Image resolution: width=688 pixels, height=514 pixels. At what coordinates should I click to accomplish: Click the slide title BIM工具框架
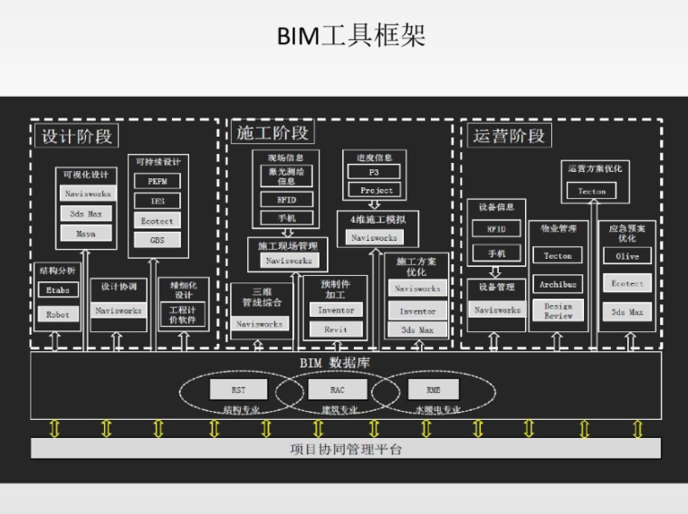349,36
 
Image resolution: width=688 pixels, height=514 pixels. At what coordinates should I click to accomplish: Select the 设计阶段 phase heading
77,136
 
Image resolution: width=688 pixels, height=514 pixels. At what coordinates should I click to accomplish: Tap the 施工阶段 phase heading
272,134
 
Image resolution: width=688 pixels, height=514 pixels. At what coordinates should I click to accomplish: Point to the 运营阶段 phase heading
510,136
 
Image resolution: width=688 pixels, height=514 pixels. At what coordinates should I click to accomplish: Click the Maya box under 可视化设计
86,233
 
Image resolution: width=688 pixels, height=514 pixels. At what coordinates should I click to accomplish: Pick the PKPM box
158,181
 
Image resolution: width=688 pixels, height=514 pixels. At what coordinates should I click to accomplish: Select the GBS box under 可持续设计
158,240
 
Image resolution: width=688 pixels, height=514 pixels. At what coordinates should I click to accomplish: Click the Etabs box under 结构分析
58,290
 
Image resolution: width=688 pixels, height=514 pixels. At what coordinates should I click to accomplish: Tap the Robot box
58,315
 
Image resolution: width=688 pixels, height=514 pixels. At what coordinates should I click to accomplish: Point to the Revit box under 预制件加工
336,329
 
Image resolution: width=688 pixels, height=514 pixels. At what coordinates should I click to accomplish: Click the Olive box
627,256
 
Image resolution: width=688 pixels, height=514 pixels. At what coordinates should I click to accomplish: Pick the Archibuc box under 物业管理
559,284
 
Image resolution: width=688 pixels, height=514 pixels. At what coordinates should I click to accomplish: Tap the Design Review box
559,311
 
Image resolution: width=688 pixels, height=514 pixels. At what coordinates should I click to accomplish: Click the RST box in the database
238,390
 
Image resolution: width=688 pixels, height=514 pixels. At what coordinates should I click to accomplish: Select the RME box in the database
434,390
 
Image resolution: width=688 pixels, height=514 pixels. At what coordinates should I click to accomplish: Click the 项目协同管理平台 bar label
346,449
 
